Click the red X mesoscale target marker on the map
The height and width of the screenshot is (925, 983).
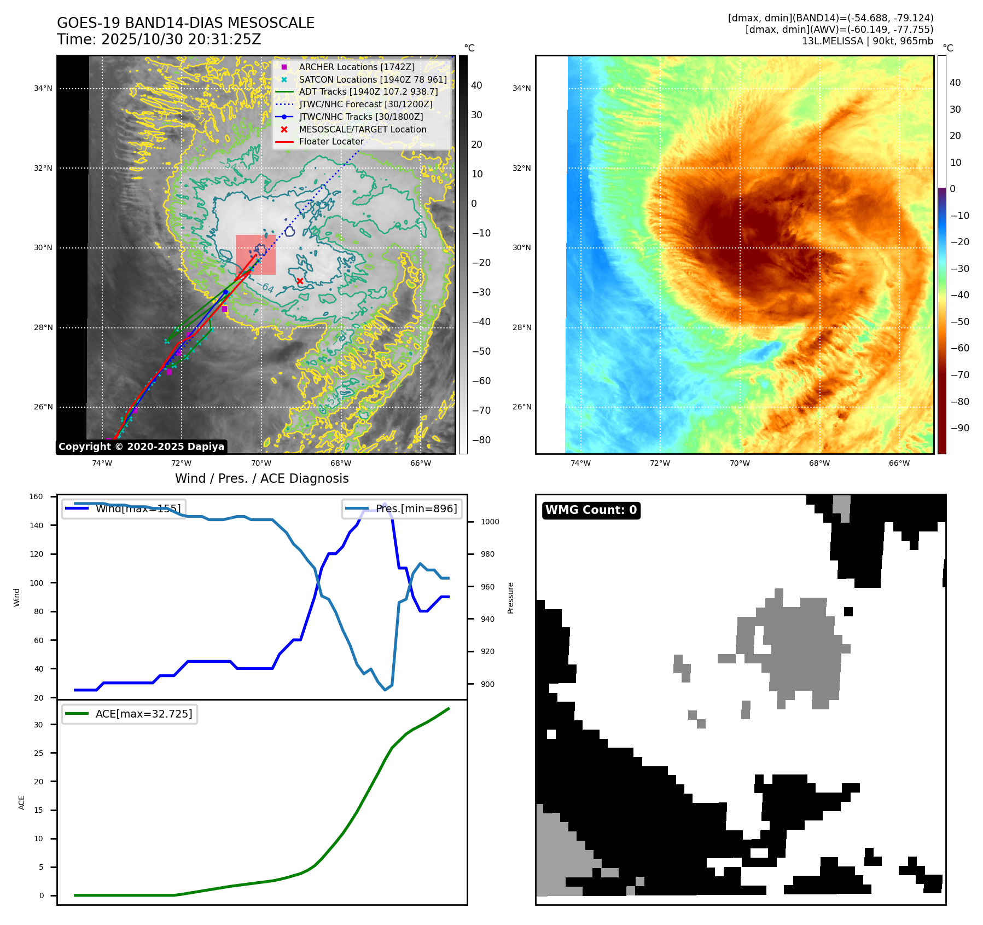[x=300, y=281]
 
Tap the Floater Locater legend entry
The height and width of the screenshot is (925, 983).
[x=331, y=141]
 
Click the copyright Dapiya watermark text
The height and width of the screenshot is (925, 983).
[x=141, y=447]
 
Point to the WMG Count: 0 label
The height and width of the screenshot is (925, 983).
[x=591, y=510]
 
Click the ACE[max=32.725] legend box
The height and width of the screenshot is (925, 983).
[x=130, y=714]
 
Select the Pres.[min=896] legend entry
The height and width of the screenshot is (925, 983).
[x=402, y=508]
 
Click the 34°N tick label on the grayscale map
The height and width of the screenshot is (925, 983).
[x=43, y=89]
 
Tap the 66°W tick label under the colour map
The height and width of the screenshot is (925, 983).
[x=899, y=463]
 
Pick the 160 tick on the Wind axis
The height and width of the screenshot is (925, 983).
[x=36, y=497]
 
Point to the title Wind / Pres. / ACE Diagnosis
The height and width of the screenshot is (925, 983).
[x=261, y=478]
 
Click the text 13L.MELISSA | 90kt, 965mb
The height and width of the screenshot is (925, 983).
[x=867, y=41]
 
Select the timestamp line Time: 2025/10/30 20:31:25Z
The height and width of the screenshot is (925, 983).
[x=159, y=39]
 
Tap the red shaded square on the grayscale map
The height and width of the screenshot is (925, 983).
[x=255, y=255]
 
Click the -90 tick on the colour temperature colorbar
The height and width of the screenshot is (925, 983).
[x=959, y=428]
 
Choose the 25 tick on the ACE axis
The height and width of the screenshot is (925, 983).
[x=38, y=753]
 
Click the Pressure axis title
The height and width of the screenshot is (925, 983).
[x=510, y=598]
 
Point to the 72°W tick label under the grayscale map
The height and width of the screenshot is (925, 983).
[x=182, y=463]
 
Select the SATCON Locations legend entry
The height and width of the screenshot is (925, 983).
[x=373, y=79]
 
